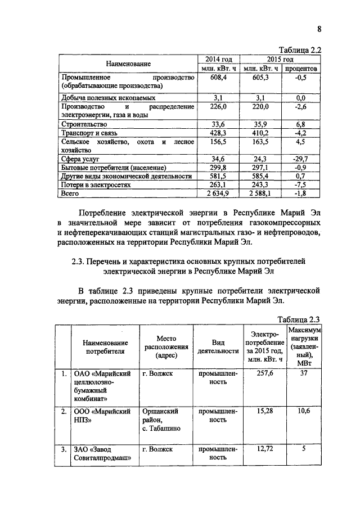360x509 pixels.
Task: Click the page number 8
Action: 319,30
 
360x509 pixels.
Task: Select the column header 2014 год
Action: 217,59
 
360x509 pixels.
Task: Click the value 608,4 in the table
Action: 217,77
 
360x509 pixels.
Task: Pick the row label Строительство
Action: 84,124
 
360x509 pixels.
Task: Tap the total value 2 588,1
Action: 259,193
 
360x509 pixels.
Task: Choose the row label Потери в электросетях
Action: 96,184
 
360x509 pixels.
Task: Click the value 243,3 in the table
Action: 259,184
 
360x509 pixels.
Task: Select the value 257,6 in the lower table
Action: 264,373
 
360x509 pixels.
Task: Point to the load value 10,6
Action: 304,411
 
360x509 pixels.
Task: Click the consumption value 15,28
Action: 264,411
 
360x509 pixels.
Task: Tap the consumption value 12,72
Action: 264,449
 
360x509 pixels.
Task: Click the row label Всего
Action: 70,193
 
